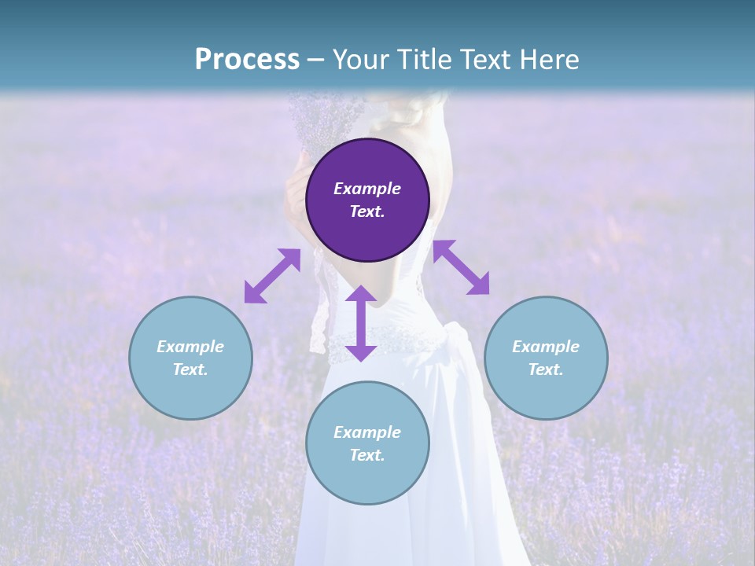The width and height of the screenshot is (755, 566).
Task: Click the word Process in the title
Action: [x=247, y=60]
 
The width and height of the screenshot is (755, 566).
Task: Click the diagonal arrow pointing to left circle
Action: [x=272, y=276]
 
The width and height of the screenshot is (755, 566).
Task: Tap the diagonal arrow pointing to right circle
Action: [x=462, y=267]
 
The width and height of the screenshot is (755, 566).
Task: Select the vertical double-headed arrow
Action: [x=361, y=323]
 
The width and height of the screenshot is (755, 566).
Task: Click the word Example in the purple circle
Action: [x=367, y=189]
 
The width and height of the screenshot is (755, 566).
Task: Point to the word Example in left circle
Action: [x=190, y=347]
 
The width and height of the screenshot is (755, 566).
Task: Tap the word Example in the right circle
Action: [x=546, y=347]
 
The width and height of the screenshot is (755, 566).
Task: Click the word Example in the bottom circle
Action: [x=367, y=432]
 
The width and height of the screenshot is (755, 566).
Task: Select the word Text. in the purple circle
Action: [x=367, y=211]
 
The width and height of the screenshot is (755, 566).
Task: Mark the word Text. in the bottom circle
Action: [x=367, y=455]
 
